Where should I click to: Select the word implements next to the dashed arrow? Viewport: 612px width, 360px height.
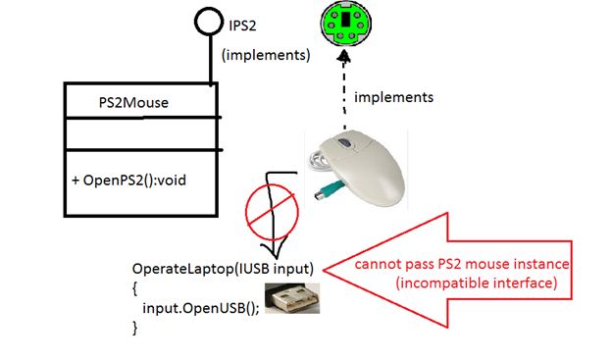[393, 97]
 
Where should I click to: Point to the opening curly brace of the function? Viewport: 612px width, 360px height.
[136, 288]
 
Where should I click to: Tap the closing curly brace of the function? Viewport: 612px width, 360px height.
[136, 329]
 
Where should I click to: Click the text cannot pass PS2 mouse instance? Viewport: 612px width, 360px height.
[462, 267]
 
